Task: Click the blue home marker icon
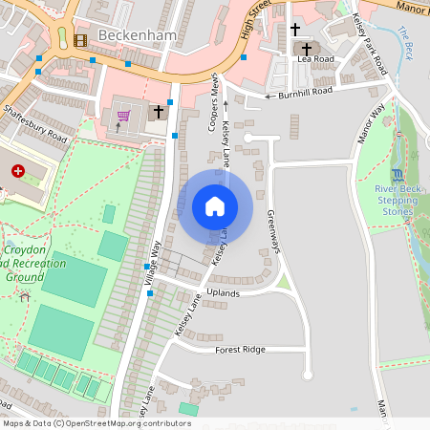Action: click(x=214, y=205)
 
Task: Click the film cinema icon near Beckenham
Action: click(x=78, y=40)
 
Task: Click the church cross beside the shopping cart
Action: click(x=159, y=113)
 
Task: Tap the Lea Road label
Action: click(x=315, y=59)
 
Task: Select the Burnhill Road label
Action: click(x=305, y=93)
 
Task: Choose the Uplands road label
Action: click(x=223, y=293)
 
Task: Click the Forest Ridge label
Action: click(x=241, y=350)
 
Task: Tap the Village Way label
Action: click(x=150, y=263)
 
